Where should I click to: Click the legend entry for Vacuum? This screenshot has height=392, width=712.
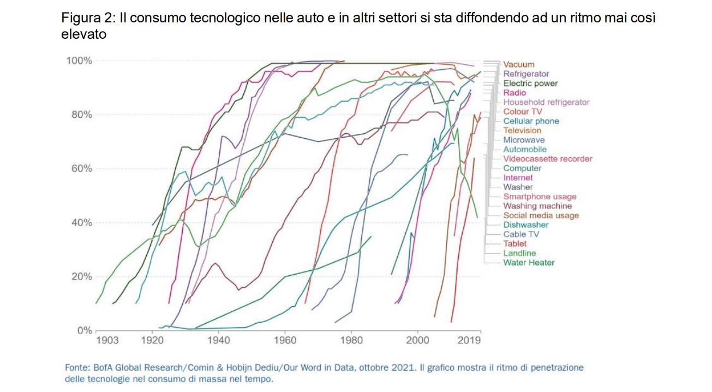tap(518, 64)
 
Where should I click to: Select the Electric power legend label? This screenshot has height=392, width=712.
tap(530, 84)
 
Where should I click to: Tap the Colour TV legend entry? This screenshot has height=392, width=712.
tap(523, 111)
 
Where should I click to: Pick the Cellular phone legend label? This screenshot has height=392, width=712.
tap(531, 121)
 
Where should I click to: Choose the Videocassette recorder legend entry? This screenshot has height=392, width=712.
tap(547, 159)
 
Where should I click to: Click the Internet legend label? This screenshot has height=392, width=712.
tap(518, 177)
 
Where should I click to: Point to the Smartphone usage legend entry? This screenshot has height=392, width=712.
tap(540, 197)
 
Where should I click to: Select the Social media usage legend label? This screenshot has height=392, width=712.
tap(541, 216)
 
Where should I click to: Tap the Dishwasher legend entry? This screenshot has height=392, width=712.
tap(525, 225)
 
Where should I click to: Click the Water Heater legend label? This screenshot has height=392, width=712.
tap(529, 263)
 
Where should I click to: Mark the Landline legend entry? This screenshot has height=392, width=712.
tap(519, 253)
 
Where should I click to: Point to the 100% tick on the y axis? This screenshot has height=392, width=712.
tap(79, 61)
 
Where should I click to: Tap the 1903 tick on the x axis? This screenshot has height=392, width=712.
tap(107, 341)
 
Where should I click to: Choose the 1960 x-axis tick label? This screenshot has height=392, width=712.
tap(284, 341)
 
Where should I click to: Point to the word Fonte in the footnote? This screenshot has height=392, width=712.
tap(76, 367)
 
